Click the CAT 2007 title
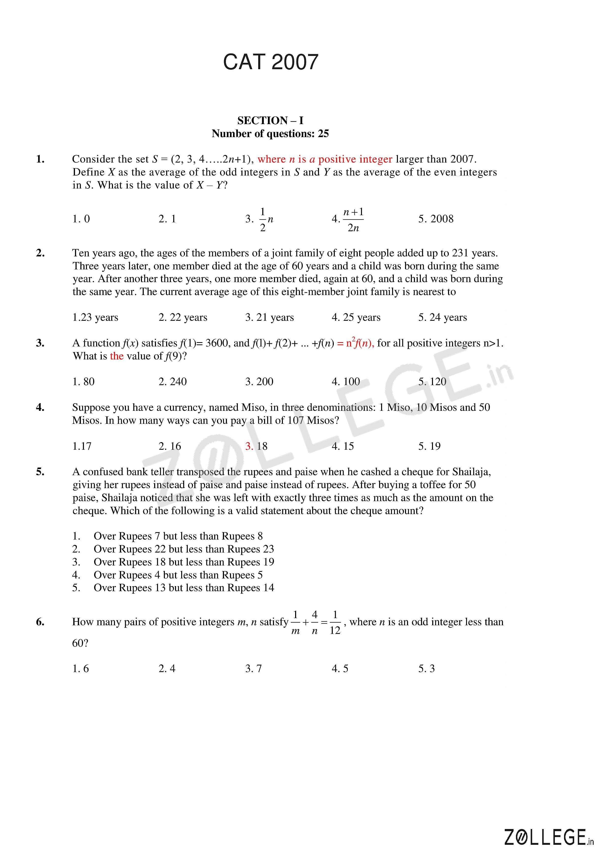(270, 62)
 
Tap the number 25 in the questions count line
(323, 134)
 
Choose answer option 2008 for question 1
(436, 219)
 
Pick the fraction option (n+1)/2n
(353, 220)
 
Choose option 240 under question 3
(172, 382)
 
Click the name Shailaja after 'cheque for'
(471, 472)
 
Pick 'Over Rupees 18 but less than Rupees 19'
(184, 562)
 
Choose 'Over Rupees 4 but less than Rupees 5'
(178, 575)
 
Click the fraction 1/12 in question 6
(335, 622)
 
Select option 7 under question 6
(254, 669)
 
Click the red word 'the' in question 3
(117, 356)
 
